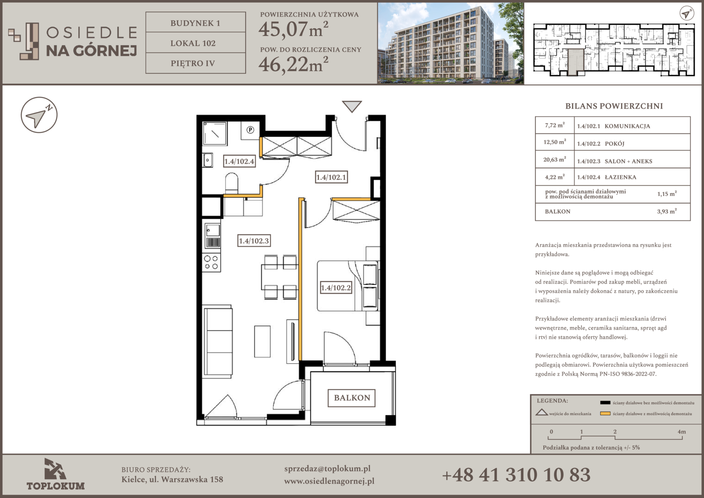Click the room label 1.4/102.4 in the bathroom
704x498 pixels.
pos(239,161)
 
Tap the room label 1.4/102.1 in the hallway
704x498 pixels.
pos(331,177)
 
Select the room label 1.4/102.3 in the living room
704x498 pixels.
pos(253,241)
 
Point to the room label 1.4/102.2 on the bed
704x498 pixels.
pos(336,288)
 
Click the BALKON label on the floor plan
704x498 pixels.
pos(352,398)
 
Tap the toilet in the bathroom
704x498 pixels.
pos(232,183)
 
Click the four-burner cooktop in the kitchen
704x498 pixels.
pos(211,263)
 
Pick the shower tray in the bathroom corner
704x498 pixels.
pos(215,133)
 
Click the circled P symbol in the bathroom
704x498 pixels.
pos(250,130)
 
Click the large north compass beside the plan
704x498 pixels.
pos(39,115)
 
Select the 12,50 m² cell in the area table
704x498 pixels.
pos(555,142)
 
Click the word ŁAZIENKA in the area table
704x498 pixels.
pos(621,177)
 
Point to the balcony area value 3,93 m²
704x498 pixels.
pos(667,211)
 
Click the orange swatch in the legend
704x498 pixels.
pos(605,414)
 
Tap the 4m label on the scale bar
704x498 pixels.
pos(682,432)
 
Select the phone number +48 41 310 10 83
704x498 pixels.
pos(516,475)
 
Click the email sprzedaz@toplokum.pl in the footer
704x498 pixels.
pos(327,469)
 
